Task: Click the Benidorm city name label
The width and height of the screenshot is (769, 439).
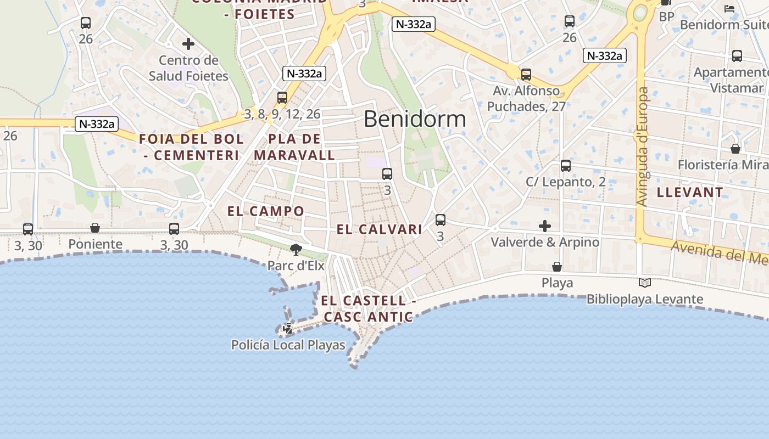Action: click(x=415, y=119)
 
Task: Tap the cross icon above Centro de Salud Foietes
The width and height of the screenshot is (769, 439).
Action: click(x=188, y=44)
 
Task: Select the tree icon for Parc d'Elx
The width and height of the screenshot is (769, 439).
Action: click(x=296, y=250)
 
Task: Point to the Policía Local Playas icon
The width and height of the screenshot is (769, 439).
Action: click(x=287, y=329)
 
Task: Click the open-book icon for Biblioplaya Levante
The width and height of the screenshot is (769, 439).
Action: click(x=645, y=283)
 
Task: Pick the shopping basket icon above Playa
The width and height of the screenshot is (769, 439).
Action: click(x=557, y=267)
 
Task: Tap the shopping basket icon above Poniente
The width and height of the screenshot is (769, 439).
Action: click(x=95, y=228)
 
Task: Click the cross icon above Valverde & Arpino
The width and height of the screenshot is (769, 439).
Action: click(x=545, y=226)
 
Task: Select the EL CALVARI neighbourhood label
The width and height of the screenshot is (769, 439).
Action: click(x=380, y=229)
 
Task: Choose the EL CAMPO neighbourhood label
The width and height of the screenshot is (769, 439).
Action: click(x=266, y=211)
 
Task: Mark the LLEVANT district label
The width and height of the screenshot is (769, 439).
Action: click(x=690, y=192)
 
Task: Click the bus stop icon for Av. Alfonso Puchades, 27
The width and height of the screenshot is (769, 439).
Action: click(x=526, y=75)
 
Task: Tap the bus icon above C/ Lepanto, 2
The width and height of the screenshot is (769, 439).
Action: click(x=566, y=165)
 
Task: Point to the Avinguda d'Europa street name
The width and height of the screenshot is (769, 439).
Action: click(x=642, y=147)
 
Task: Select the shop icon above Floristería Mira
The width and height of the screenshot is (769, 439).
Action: click(x=735, y=149)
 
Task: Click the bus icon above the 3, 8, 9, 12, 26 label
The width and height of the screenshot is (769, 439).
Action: click(x=282, y=98)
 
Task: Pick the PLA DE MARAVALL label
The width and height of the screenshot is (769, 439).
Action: click(x=294, y=147)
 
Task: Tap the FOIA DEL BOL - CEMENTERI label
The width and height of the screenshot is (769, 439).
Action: click(x=191, y=147)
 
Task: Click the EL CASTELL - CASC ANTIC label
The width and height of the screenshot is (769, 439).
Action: click(x=368, y=308)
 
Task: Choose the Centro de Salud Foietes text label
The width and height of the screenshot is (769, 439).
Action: click(x=188, y=68)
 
